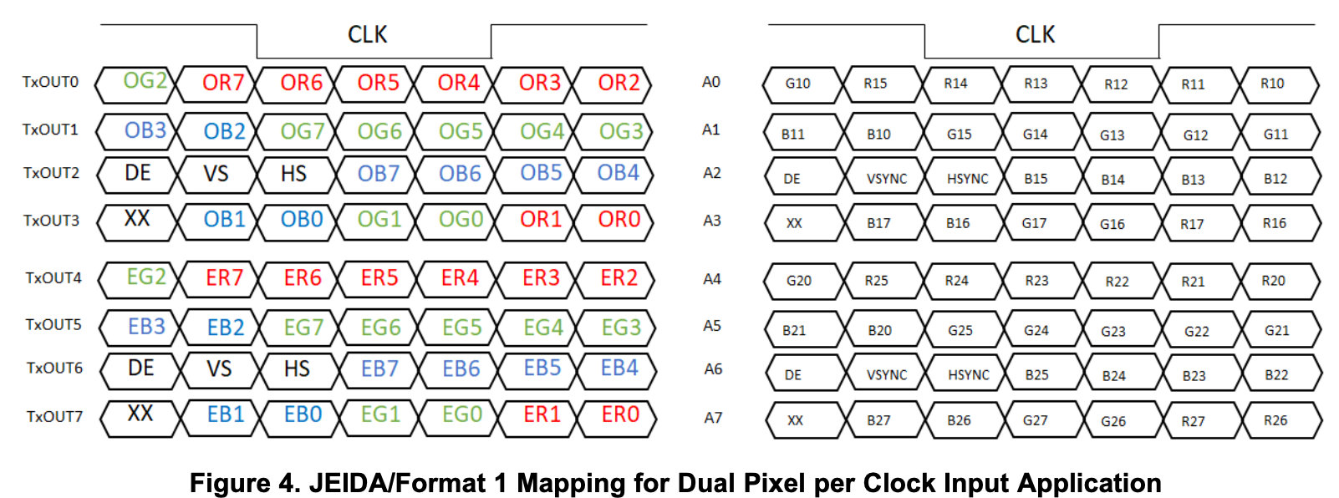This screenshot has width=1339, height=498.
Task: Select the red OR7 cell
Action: pos(222,83)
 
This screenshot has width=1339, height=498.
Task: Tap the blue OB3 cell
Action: pos(145,130)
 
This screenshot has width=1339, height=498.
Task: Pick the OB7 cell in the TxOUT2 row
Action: pos(379,174)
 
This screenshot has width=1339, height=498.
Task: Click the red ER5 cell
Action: pos(379,278)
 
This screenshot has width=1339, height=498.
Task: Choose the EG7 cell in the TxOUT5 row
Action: pos(303,328)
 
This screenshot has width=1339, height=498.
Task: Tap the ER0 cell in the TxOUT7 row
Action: pos(620,414)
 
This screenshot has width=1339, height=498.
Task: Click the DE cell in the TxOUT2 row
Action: pos(138,173)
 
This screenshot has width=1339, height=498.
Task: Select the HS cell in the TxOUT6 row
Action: pos(297,368)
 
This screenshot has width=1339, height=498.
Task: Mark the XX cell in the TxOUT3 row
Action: pos(137,219)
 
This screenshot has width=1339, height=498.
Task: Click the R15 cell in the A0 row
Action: pos(875,84)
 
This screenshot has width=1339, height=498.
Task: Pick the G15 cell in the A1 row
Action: pos(960,134)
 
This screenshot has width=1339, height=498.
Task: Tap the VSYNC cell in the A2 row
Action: pos(886,179)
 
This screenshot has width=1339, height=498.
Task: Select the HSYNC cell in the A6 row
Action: pos(968,375)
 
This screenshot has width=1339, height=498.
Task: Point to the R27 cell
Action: pos(1193,421)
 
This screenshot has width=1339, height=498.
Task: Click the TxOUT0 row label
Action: pos(50,82)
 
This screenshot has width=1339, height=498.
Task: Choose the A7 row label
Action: pos(713,418)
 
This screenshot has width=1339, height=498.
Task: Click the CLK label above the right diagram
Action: pos(1035,35)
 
